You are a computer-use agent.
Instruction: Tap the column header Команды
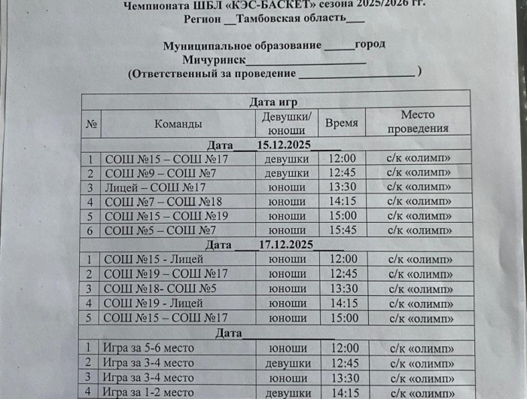(178, 123)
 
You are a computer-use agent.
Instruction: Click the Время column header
(343, 123)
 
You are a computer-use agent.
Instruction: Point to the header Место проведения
(418, 122)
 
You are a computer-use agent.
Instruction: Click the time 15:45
(343, 230)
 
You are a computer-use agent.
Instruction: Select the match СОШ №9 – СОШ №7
(160, 173)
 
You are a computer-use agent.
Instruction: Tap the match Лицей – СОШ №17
(155, 187)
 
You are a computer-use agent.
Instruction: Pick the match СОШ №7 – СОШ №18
(163, 202)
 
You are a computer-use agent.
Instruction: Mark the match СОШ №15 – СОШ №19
(166, 216)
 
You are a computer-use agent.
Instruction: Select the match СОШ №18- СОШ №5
(160, 289)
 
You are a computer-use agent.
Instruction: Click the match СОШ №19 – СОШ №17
(166, 274)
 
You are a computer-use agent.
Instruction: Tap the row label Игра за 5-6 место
(148, 348)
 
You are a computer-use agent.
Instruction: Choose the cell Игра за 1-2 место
(148, 391)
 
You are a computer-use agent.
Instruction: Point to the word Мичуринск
(213, 59)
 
